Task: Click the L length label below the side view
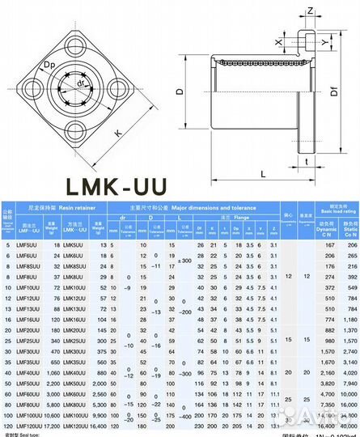(x=264, y=173)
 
